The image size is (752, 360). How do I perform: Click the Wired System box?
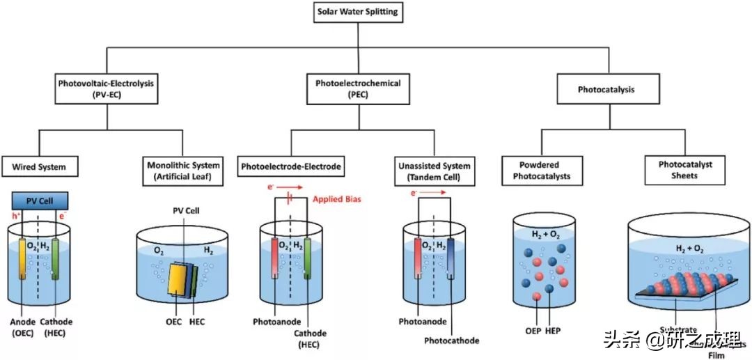pos(39,167)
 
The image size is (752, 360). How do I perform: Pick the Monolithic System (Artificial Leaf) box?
pos(184,171)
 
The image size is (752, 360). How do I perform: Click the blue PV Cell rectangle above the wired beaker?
pos(40,201)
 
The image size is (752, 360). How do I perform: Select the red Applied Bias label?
pos(337,199)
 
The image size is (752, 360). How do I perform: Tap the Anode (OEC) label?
pos(21,327)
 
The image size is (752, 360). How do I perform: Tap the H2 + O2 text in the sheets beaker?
pos(689,247)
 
